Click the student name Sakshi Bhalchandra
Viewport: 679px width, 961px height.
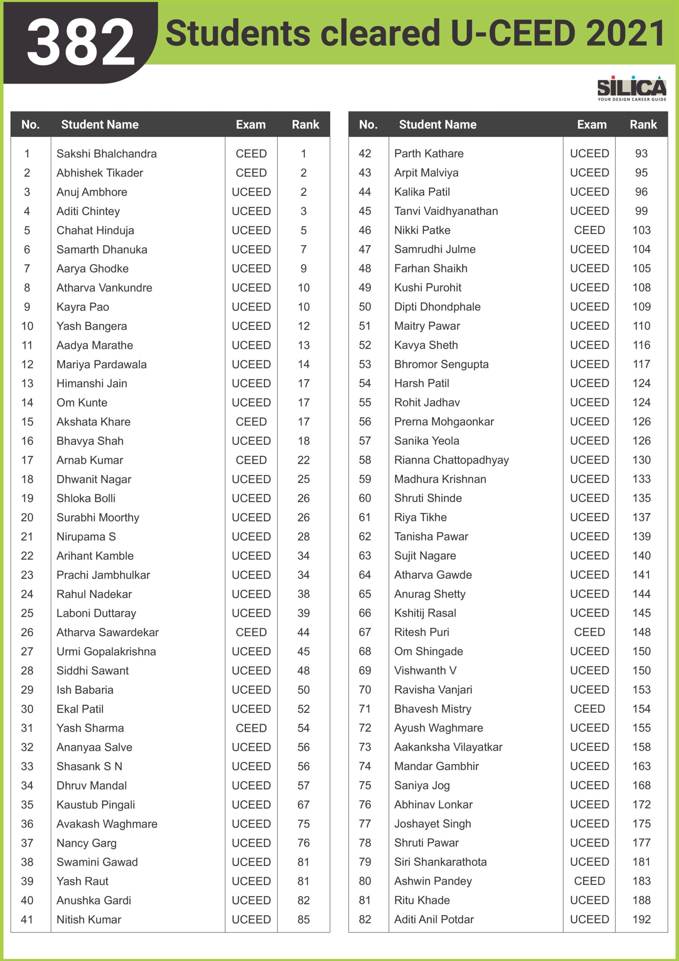(107, 154)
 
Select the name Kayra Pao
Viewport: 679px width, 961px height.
(83, 307)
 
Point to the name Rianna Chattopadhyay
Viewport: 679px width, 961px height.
(451, 460)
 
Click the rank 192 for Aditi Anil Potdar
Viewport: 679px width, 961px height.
(641, 919)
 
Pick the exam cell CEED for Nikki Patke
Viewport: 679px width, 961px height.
(589, 230)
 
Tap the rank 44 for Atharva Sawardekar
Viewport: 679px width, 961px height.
(303, 632)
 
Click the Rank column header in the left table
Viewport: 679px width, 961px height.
(305, 124)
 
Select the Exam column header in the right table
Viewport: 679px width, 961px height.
(592, 124)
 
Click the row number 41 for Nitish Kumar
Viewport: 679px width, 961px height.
(27, 919)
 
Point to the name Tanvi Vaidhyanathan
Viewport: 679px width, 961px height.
(446, 211)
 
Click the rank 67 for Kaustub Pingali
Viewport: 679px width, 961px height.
(303, 804)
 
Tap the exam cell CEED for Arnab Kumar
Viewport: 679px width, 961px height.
(251, 460)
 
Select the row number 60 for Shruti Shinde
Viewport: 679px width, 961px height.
(365, 498)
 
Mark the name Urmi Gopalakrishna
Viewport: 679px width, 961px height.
(106, 651)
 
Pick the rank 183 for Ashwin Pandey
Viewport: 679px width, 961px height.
(641, 881)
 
